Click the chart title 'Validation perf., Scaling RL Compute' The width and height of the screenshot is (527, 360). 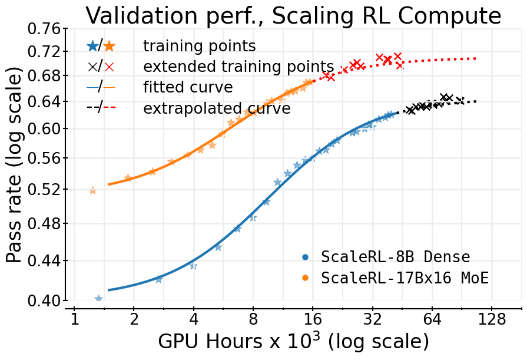293,15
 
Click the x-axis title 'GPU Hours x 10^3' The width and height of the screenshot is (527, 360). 293,342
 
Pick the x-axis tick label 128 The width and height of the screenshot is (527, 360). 493,319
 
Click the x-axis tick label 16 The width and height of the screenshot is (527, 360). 313,319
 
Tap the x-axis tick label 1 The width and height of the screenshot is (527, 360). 74,319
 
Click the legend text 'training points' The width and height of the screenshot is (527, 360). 199,46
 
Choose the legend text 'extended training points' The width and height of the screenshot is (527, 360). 238,67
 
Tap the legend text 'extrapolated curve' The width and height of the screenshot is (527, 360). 217,108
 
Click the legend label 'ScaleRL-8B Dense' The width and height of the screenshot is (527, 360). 395,257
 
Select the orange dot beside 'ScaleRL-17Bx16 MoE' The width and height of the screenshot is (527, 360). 305,278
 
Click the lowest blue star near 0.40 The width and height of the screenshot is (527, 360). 98,299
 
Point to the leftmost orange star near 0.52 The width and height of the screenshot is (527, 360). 92,190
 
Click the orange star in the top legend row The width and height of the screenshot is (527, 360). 110,46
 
